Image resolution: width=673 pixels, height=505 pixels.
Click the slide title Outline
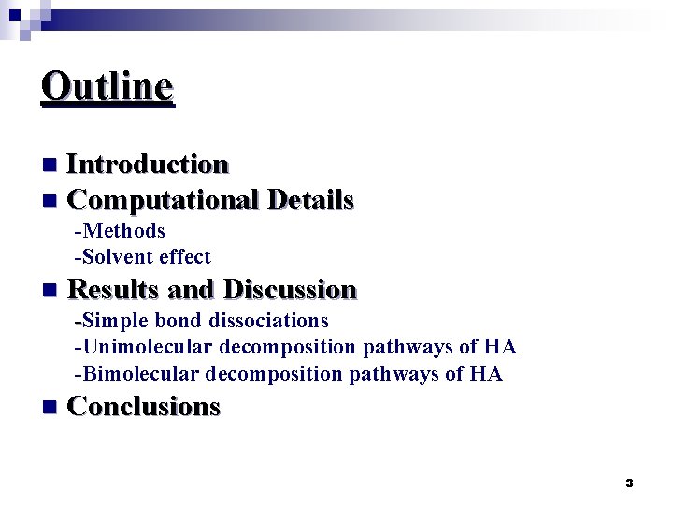[x=107, y=87]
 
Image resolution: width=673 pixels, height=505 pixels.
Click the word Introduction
[x=149, y=165]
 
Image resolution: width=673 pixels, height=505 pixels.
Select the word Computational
[x=164, y=200]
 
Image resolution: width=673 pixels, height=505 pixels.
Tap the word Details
[x=310, y=200]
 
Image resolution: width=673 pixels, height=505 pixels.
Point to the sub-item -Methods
[x=120, y=231]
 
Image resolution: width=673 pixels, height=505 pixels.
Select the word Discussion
[x=291, y=290]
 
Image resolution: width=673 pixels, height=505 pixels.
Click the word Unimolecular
[x=145, y=348]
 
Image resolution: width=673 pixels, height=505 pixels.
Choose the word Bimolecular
[x=138, y=374]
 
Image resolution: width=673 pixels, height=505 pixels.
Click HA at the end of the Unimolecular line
[x=500, y=348]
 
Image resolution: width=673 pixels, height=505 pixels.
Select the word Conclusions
[x=145, y=407]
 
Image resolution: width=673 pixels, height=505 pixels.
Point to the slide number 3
[x=629, y=483]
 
